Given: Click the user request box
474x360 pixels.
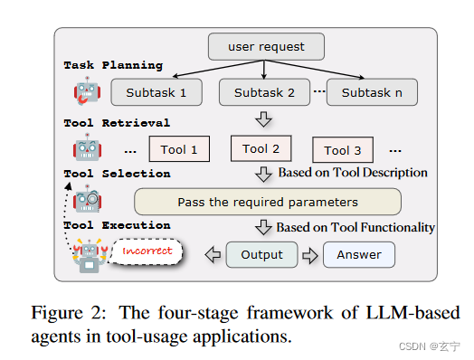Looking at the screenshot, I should coord(265,45).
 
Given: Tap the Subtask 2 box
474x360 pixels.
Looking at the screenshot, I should coord(264,92).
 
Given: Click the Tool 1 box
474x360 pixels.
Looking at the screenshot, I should coord(178,150).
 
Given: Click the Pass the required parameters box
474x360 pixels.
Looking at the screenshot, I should coord(267,202).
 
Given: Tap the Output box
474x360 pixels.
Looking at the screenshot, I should coord(261,255).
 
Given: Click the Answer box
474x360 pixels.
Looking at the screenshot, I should coord(358,255).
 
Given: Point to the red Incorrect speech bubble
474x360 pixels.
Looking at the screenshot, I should coord(147,251).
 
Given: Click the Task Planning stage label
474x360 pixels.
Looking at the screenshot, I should coord(113,66).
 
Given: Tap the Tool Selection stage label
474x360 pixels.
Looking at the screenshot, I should coord(117,174).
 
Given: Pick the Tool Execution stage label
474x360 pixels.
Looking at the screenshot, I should coord(117,225).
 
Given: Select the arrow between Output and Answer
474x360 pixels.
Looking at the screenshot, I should coord(309,255).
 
